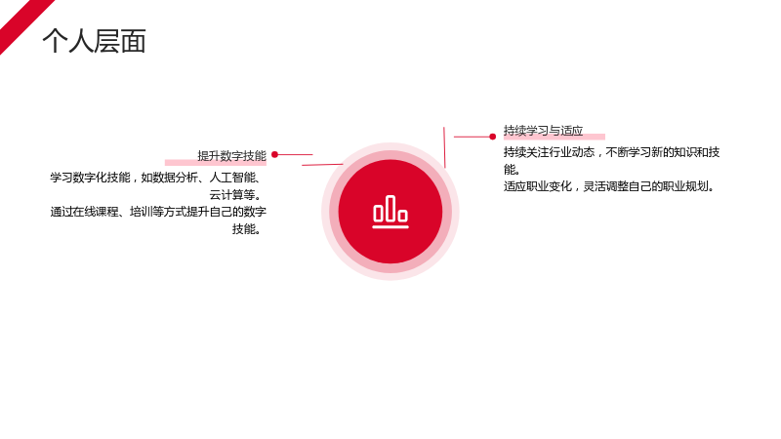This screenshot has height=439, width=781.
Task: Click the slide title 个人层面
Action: pyautogui.click(x=94, y=41)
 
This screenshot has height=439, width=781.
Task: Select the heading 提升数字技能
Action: pyautogui.click(x=231, y=156)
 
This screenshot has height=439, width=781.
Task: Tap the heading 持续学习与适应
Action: pyautogui.click(x=543, y=131)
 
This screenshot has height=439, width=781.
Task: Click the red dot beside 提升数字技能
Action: pyautogui.click(x=274, y=155)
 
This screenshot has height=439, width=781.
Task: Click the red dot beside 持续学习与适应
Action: pyautogui.click(x=493, y=137)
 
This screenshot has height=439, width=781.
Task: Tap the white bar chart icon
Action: pyautogui.click(x=390, y=212)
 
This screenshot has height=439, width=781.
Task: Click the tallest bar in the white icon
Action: pyautogui.click(x=390, y=208)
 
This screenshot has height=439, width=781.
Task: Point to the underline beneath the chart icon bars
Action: pyautogui.click(x=390, y=227)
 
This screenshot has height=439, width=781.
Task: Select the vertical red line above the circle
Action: pyautogui.click(x=444, y=147)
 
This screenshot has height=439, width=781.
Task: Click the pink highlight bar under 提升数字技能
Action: pyautogui.click(x=216, y=163)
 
